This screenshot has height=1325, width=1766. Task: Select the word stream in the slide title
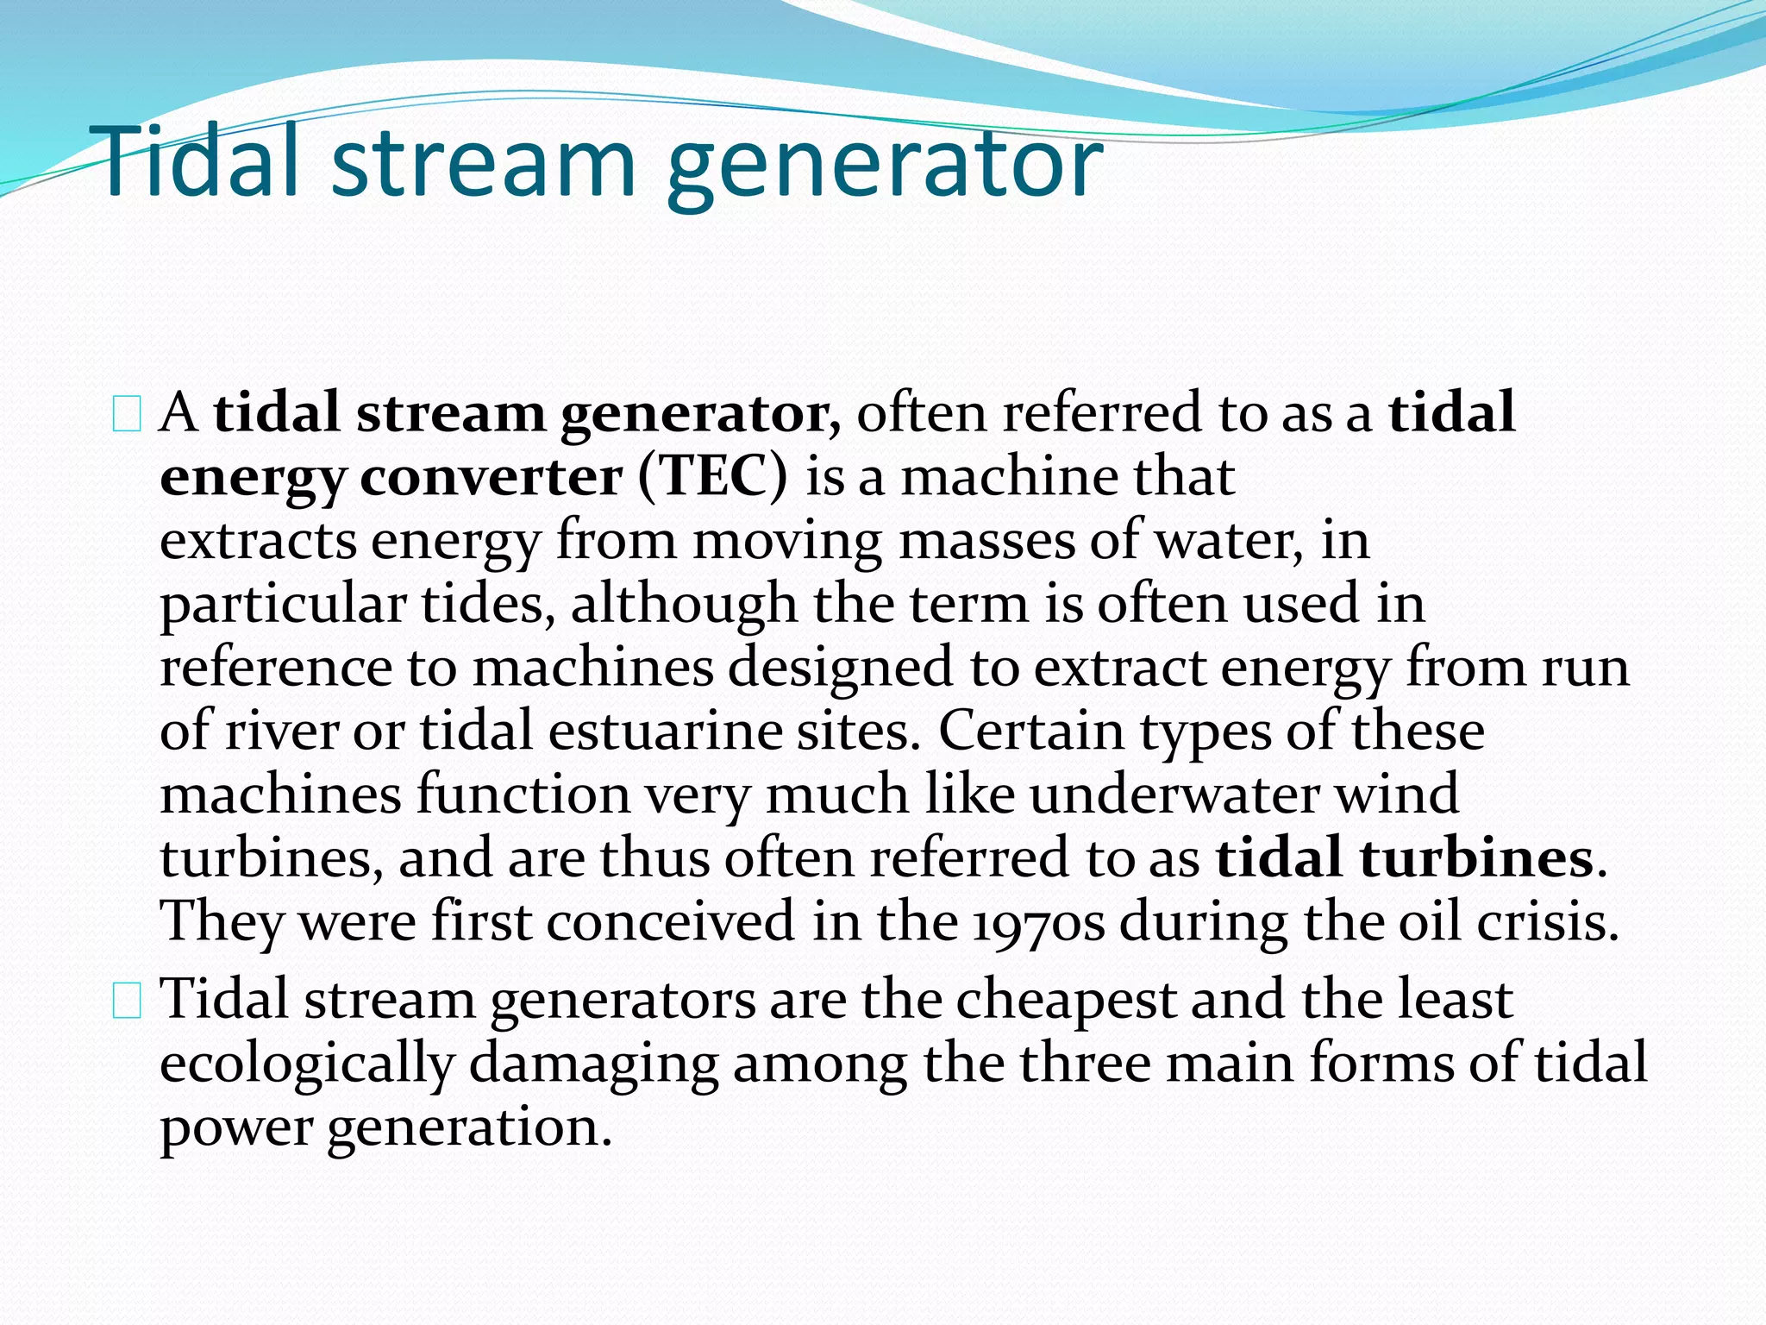483,162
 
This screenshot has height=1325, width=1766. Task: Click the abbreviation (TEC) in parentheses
713,476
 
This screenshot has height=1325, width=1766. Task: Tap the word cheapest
1066,1000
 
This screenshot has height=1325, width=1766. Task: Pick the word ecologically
307,1064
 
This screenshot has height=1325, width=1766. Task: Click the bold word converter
491,476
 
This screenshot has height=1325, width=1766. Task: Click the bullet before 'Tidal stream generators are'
127,1002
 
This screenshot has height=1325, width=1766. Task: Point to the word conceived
670,921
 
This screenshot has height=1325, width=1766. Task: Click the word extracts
258,540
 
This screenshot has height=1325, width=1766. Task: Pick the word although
683,604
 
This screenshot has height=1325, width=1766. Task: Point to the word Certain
1030,731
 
